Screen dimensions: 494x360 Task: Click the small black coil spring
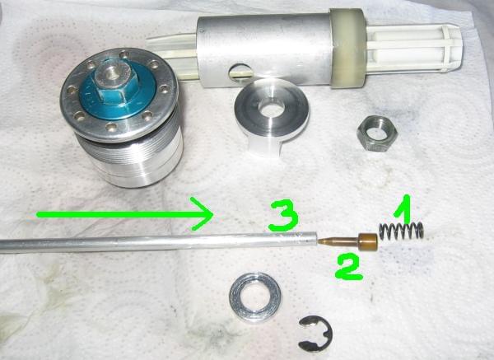pos(401,231)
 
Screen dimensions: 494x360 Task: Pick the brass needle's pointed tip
pos(319,241)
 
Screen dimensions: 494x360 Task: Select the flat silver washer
pos(255,297)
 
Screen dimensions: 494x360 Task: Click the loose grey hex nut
pos(377,133)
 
